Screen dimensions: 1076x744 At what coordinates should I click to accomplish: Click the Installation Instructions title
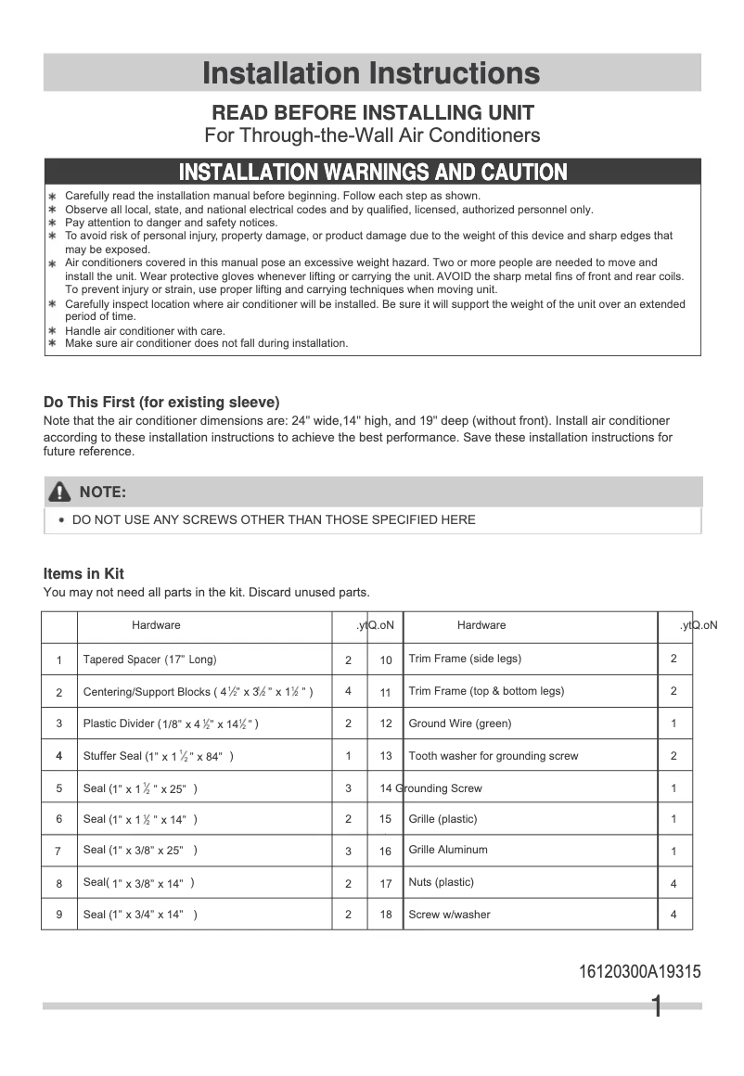371,72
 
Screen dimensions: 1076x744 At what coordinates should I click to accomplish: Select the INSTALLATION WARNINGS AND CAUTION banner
372,172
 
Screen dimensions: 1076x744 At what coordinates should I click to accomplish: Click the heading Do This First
161,403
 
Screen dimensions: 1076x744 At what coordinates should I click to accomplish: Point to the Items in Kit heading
83,573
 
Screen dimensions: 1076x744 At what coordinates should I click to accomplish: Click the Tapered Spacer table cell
149,660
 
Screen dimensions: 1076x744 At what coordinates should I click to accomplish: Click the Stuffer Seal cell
158,756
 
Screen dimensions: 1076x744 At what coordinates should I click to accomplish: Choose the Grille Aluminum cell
447,850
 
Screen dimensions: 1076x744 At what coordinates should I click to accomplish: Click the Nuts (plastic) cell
441,882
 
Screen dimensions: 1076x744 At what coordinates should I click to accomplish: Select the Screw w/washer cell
449,915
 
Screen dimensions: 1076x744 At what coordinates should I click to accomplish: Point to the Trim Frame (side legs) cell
464,659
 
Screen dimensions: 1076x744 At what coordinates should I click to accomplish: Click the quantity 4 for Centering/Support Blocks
349,691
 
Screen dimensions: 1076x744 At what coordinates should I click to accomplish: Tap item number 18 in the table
386,915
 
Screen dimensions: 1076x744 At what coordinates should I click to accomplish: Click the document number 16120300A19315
639,972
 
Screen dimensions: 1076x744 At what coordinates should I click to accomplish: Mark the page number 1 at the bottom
657,1007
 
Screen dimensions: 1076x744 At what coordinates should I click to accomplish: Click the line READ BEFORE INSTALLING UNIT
373,113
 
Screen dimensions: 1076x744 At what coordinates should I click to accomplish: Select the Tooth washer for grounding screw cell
493,756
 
